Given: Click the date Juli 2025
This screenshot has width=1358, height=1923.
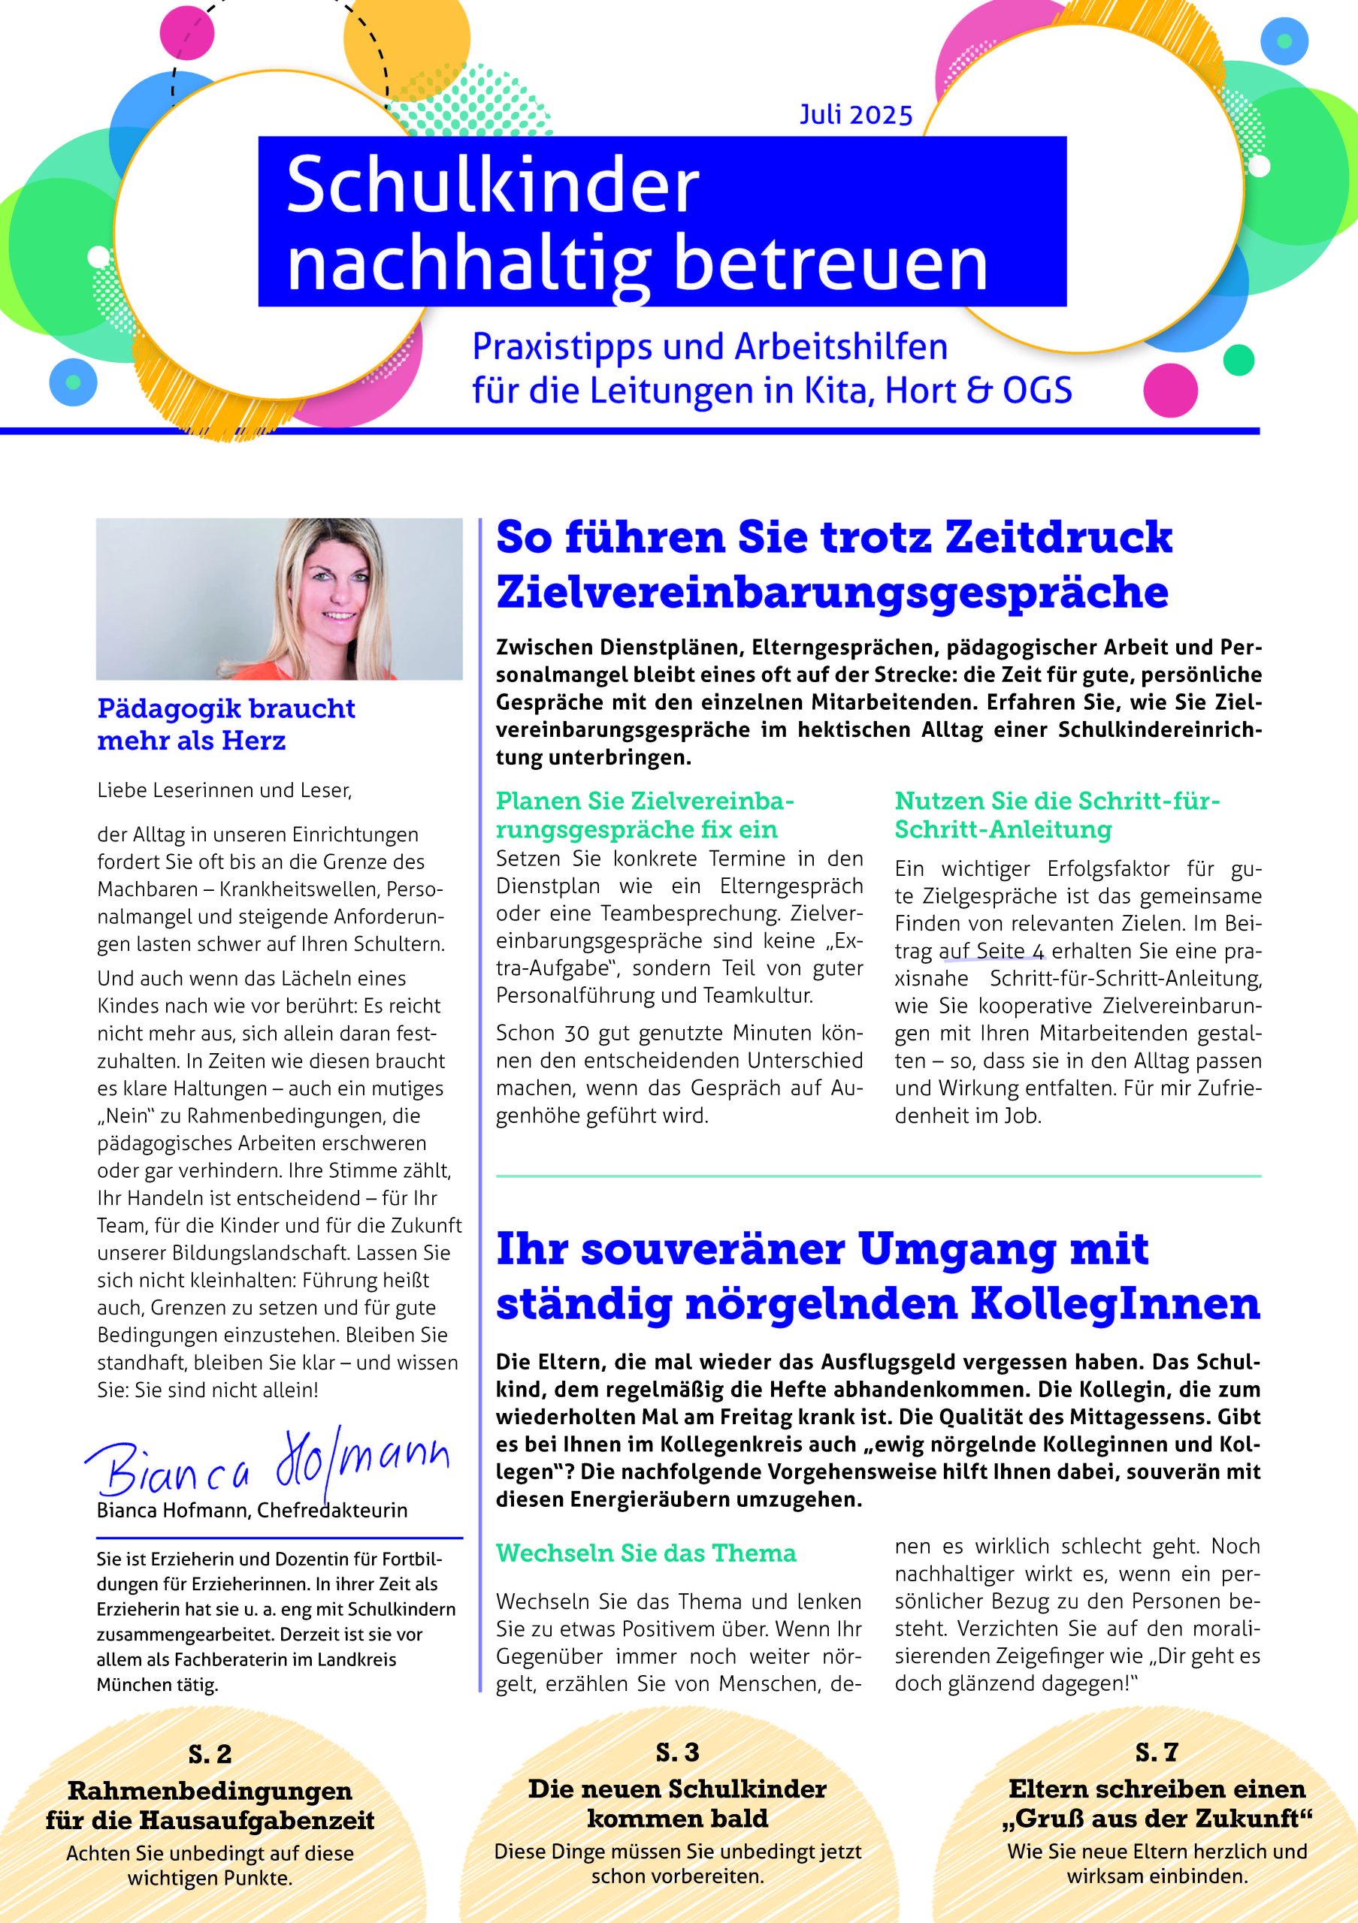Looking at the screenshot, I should click(855, 115).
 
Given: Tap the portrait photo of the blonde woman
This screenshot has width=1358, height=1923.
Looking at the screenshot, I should click(279, 599).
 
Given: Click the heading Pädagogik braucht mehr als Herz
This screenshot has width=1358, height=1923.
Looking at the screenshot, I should click(226, 724).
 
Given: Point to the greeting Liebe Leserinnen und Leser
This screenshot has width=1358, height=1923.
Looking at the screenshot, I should click(224, 789).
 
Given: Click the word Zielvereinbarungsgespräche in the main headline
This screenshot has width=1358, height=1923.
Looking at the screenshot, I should click(832, 592).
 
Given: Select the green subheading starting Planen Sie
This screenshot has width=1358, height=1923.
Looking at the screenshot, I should click(644, 815).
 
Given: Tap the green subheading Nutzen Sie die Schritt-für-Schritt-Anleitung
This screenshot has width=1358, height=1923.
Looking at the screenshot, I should click(1057, 815).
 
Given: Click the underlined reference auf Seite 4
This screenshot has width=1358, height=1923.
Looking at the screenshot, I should click(992, 952).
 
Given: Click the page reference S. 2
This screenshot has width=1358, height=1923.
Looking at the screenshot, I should click(210, 1753).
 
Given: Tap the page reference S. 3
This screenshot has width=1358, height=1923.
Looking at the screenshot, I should click(677, 1752).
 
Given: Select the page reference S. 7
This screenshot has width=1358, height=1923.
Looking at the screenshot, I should click(1157, 1752).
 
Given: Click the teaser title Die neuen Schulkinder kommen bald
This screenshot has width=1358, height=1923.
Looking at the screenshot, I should click(677, 1804).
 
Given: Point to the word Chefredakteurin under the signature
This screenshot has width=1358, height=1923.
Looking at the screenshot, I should click(333, 1510).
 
